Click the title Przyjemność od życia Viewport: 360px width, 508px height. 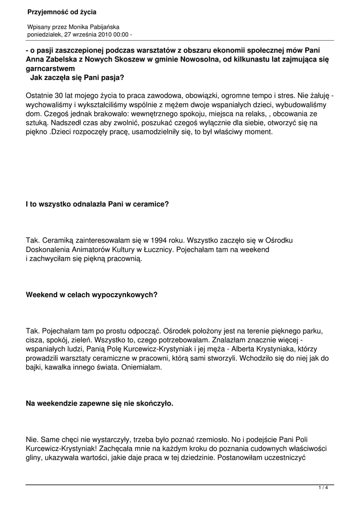coord(62,11)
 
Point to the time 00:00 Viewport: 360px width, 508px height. coord(120,34)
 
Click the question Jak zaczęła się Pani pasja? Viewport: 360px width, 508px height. coord(77,77)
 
